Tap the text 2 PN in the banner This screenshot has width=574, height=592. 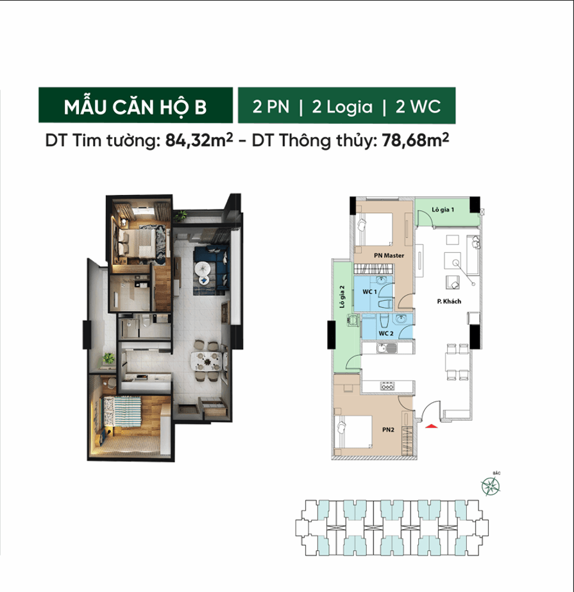(270, 106)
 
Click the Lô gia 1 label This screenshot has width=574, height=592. (443, 210)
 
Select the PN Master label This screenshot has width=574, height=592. (388, 255)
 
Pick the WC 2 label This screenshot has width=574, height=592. (385, 334)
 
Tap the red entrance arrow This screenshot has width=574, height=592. (432, 425)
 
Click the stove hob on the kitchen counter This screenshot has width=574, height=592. (387, 385)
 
